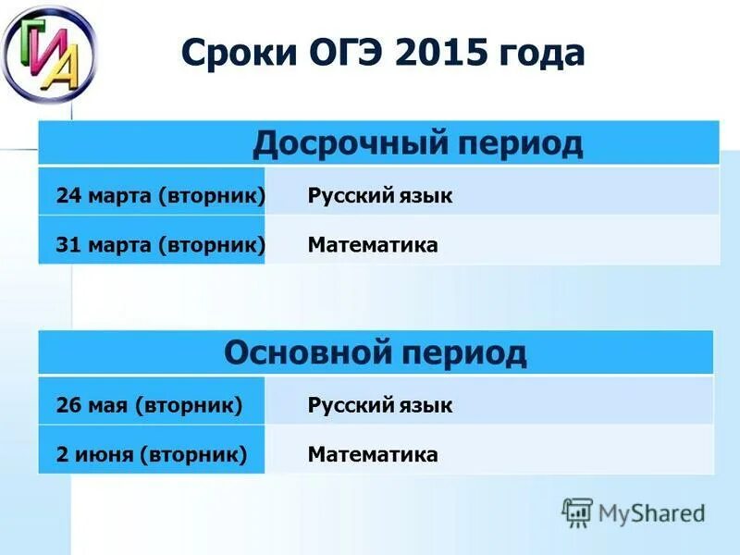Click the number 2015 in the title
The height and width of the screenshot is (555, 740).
click(440, 53)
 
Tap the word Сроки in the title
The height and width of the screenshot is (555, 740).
click(236, 53)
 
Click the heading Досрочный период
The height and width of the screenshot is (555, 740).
click(418, 143)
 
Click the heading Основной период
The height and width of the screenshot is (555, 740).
click(376, 352)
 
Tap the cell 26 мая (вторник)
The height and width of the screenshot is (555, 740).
click(149, 404)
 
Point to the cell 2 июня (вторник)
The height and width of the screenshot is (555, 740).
click(151, 454)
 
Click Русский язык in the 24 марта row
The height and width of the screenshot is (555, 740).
click(380, 195)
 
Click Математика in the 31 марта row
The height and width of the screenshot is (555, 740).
click(373, 245)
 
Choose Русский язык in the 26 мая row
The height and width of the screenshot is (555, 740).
click(380, 404)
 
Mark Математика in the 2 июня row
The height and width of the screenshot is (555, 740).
click(373, 454)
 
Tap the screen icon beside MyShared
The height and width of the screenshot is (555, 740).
click(576, 512)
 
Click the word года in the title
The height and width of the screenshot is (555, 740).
click(542, 53)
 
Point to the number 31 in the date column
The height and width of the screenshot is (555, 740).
click(68, 245)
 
